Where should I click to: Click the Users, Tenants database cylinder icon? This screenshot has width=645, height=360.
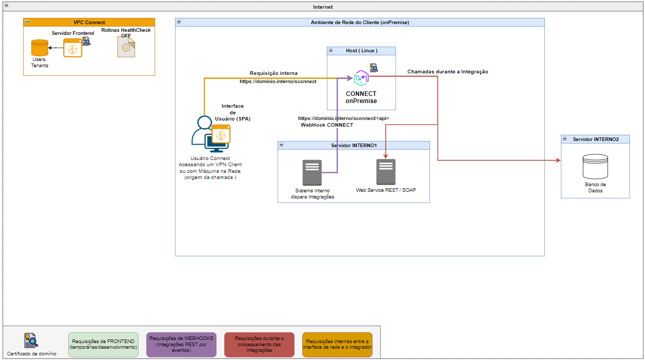pos(40,48)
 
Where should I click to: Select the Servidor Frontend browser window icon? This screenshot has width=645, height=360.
pos(72,49)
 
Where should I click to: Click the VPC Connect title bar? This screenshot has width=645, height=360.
pos(89,22)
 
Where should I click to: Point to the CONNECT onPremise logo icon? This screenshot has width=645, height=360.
pos(361,78)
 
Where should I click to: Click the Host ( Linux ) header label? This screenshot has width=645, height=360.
pos(361,51)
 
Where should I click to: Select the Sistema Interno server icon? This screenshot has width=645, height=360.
pos(312,172)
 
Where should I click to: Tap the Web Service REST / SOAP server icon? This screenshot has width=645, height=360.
pos(385,172)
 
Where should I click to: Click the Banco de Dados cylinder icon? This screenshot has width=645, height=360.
pos(595,167)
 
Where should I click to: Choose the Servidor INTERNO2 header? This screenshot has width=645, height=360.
pos(595,139)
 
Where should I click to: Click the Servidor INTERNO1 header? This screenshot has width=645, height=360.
pos(354,146)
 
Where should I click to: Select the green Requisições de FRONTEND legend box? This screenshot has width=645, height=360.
pos(103,344)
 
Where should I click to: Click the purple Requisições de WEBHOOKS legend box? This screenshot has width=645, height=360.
pos(181,344)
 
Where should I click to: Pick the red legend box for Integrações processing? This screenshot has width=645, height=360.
pos(259,344)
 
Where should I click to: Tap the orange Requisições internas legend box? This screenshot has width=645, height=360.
pos(337,344)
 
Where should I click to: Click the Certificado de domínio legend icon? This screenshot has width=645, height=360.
pos(31,340)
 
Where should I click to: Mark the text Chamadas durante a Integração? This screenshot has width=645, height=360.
pos(447,72)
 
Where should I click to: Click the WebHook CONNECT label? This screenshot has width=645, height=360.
pos(327,125)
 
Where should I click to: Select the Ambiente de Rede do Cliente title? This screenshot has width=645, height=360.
pos(360,22)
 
